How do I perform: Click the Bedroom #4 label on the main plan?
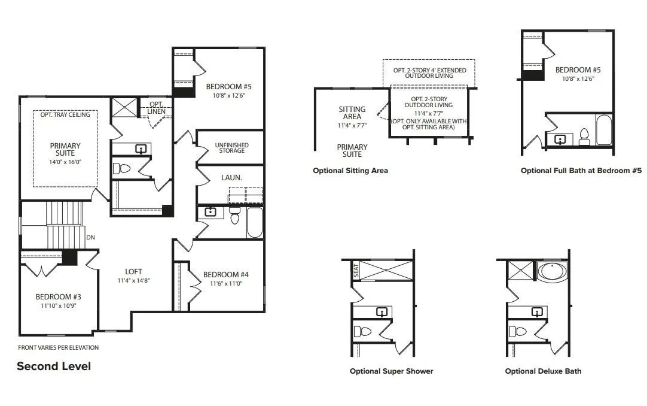(x=225, y=275)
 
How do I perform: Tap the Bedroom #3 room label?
(x=58, y=296)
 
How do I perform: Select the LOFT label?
(x=133, y=271)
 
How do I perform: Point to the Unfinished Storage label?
(x=231, y=148)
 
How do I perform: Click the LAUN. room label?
(x=231, y=178)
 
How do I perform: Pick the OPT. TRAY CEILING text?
(x=65, y=114)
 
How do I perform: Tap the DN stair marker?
(x=91, y=238)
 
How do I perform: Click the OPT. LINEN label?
(x=157, y=108)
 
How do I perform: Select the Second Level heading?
(x=54, y=366)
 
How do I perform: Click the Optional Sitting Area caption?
(x=350, y=171)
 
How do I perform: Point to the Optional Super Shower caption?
(x=392, y=371)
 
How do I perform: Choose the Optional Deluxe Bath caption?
(x=543, y=371)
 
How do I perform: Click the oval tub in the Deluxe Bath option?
(x=553, y=271)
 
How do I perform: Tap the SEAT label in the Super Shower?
(x=356, y=271)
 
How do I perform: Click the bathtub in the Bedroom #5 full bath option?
(x=604, y=130)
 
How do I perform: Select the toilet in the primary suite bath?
(x=121, y=168)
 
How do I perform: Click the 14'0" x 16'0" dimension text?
(x=65, y=162)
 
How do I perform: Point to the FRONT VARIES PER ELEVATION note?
(x=58, y=348)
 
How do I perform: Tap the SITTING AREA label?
(x=352, y=113)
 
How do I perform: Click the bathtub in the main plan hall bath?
(x=255, y=223)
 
